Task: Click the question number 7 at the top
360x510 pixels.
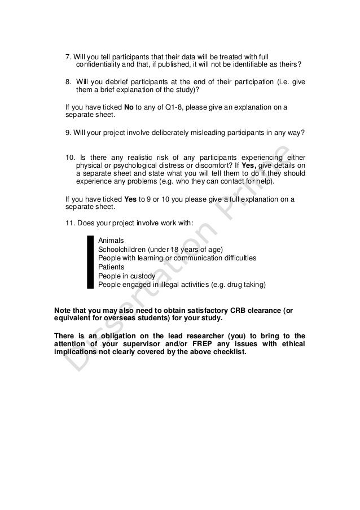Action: (69, 57)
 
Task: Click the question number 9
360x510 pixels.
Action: (68, 133)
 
